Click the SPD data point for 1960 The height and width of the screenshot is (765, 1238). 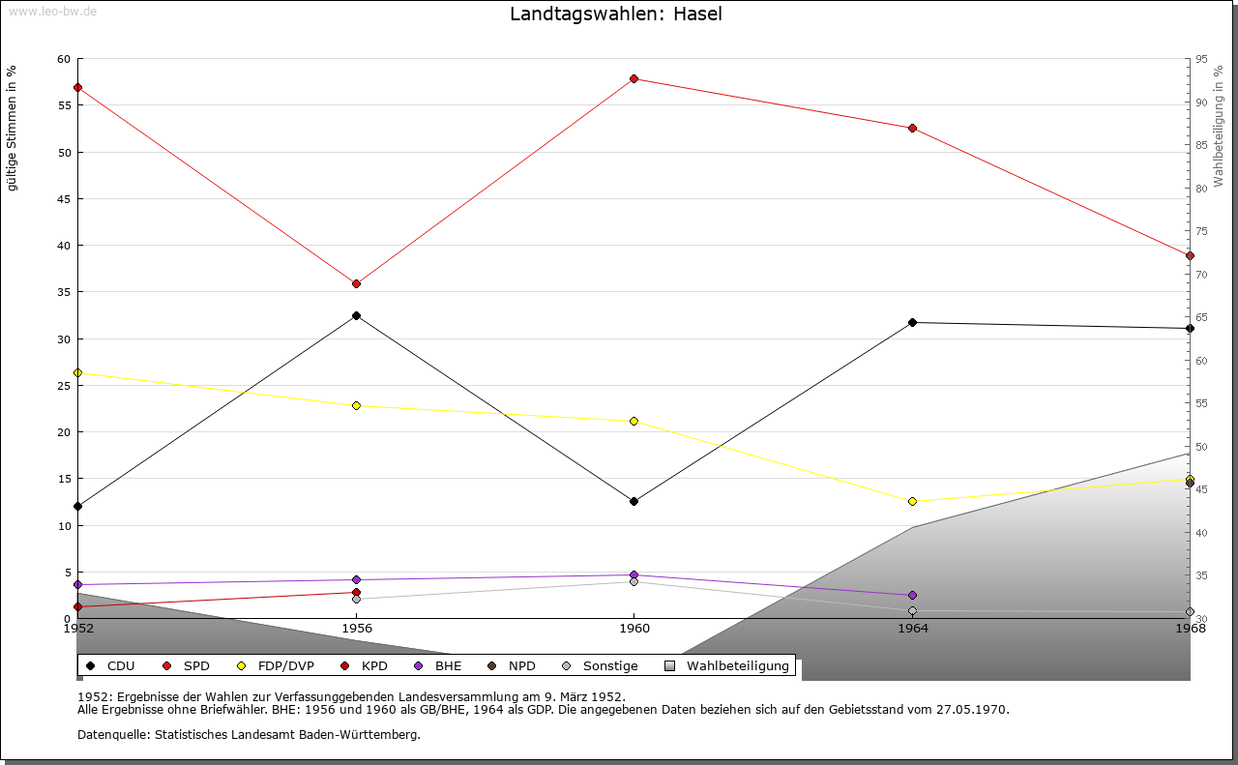click(634, 79)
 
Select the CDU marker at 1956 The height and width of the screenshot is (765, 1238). click(357, 315)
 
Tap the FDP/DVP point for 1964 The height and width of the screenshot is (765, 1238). click(912, 501)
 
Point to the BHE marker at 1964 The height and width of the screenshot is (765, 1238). click(912, 596)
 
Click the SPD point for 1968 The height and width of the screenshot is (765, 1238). click(1190, 256)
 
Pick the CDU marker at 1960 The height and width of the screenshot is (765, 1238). click(634, 501)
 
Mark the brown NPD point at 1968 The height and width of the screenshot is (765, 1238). click(1190, 484)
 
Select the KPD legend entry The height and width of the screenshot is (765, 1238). click(365, 666)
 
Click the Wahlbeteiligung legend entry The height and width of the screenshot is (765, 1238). click(726, 666)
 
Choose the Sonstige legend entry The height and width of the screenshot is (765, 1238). click(600, 666)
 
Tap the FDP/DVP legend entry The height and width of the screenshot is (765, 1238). click(276, 666)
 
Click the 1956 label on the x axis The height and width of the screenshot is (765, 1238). click(357, 629)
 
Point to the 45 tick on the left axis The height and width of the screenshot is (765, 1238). click(64, 199)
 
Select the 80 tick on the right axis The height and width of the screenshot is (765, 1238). click(1201, 189)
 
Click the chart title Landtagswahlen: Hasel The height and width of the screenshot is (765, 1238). click(616, 14)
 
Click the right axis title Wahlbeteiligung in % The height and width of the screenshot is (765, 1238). click(1219, 127)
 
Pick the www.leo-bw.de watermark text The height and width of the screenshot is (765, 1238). click(52, 11)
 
